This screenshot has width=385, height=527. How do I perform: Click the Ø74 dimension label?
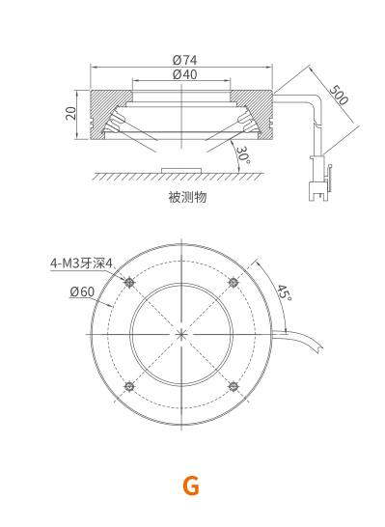(184, 60)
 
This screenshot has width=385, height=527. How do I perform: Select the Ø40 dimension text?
(184, 74)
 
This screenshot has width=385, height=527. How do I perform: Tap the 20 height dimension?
(70, 113)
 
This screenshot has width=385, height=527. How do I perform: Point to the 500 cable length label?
(339, 96)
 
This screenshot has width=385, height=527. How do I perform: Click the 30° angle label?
(243, 155)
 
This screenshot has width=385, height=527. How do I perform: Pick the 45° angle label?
(285, 292)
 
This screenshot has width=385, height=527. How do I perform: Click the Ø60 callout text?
(82, 291)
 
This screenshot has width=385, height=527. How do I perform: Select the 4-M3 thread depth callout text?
(81, 263)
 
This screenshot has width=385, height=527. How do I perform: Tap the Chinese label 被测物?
(187, 197)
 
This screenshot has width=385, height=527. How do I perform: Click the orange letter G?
(191, 486)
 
